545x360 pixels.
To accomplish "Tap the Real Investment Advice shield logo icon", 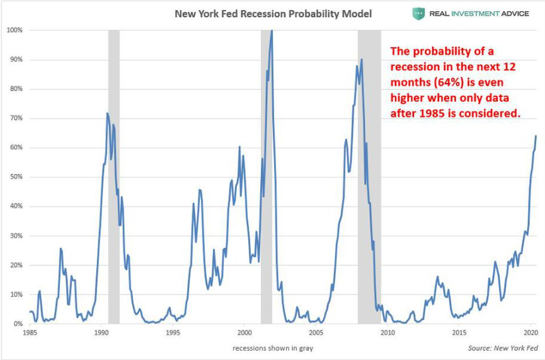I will (x=419, y=14).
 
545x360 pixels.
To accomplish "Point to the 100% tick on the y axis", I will (x=14, y=30).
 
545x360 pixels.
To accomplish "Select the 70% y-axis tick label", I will (x=16, y=119).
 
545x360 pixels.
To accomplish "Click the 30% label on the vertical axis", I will (x=16, y=236).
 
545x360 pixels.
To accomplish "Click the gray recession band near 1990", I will (x=114, y=177).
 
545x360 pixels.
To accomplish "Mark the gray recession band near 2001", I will (x=267, y=177).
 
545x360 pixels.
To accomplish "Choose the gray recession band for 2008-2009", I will (x=369, y=177).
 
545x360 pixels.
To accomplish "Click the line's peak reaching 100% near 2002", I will (x=272, y=30).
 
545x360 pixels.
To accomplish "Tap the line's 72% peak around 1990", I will (x=107, y=113).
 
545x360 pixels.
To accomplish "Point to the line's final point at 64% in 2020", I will (x=536, y=136).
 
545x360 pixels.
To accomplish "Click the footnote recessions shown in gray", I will (x=272, y=348).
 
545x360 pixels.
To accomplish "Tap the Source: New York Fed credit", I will (x=503, y=348).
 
